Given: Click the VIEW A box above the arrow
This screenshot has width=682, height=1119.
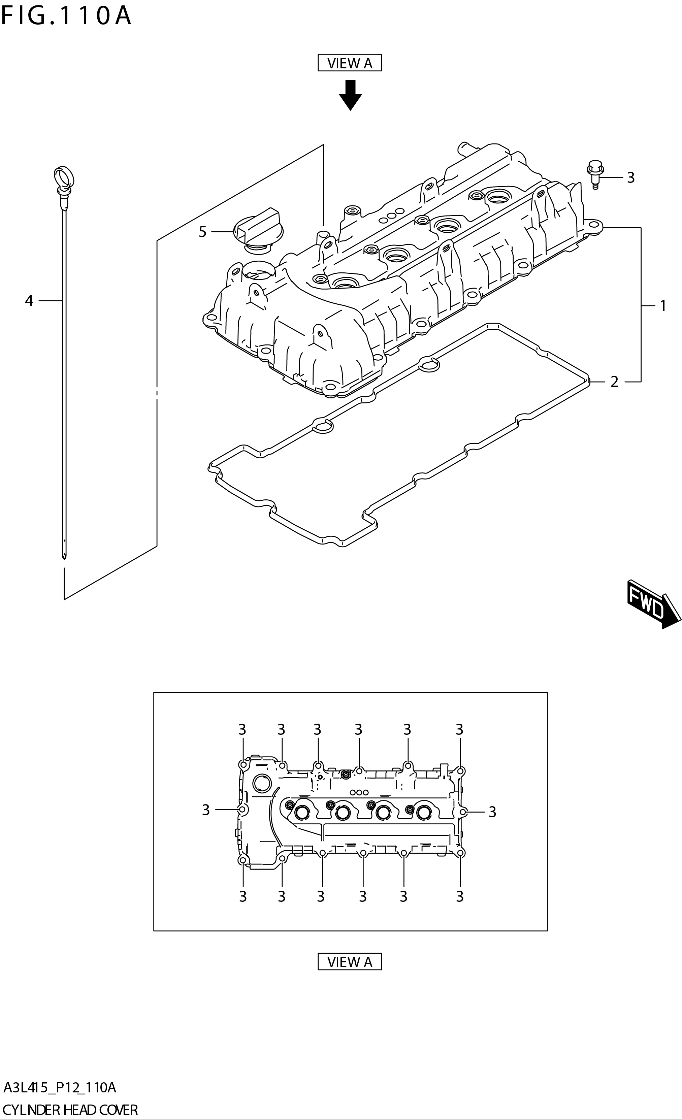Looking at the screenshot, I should (349, 63).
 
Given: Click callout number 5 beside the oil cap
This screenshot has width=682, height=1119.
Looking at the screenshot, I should (202, 232).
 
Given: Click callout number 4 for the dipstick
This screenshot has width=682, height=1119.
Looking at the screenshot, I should (29, 301).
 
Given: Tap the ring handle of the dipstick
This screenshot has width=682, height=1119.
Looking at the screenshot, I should (63, 176).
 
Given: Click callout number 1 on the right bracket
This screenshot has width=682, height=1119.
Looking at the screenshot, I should (662, 306).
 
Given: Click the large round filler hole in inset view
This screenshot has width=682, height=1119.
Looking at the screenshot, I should (262, 783).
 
